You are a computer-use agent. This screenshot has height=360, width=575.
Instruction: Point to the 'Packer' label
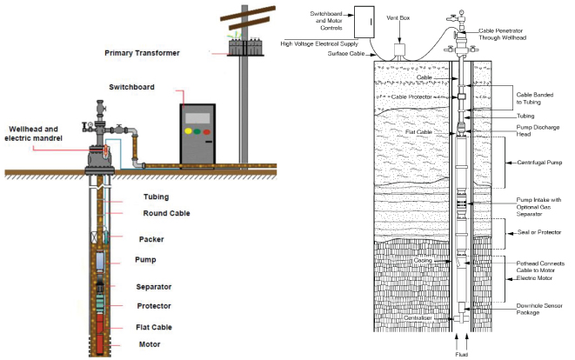tap(152, 238)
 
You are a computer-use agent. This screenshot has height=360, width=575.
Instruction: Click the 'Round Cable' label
tap(165, 213)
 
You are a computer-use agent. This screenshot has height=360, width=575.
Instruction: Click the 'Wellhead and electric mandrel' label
tap(34, 133)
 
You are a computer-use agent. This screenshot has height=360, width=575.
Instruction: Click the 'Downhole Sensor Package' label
tap(540, 309)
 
